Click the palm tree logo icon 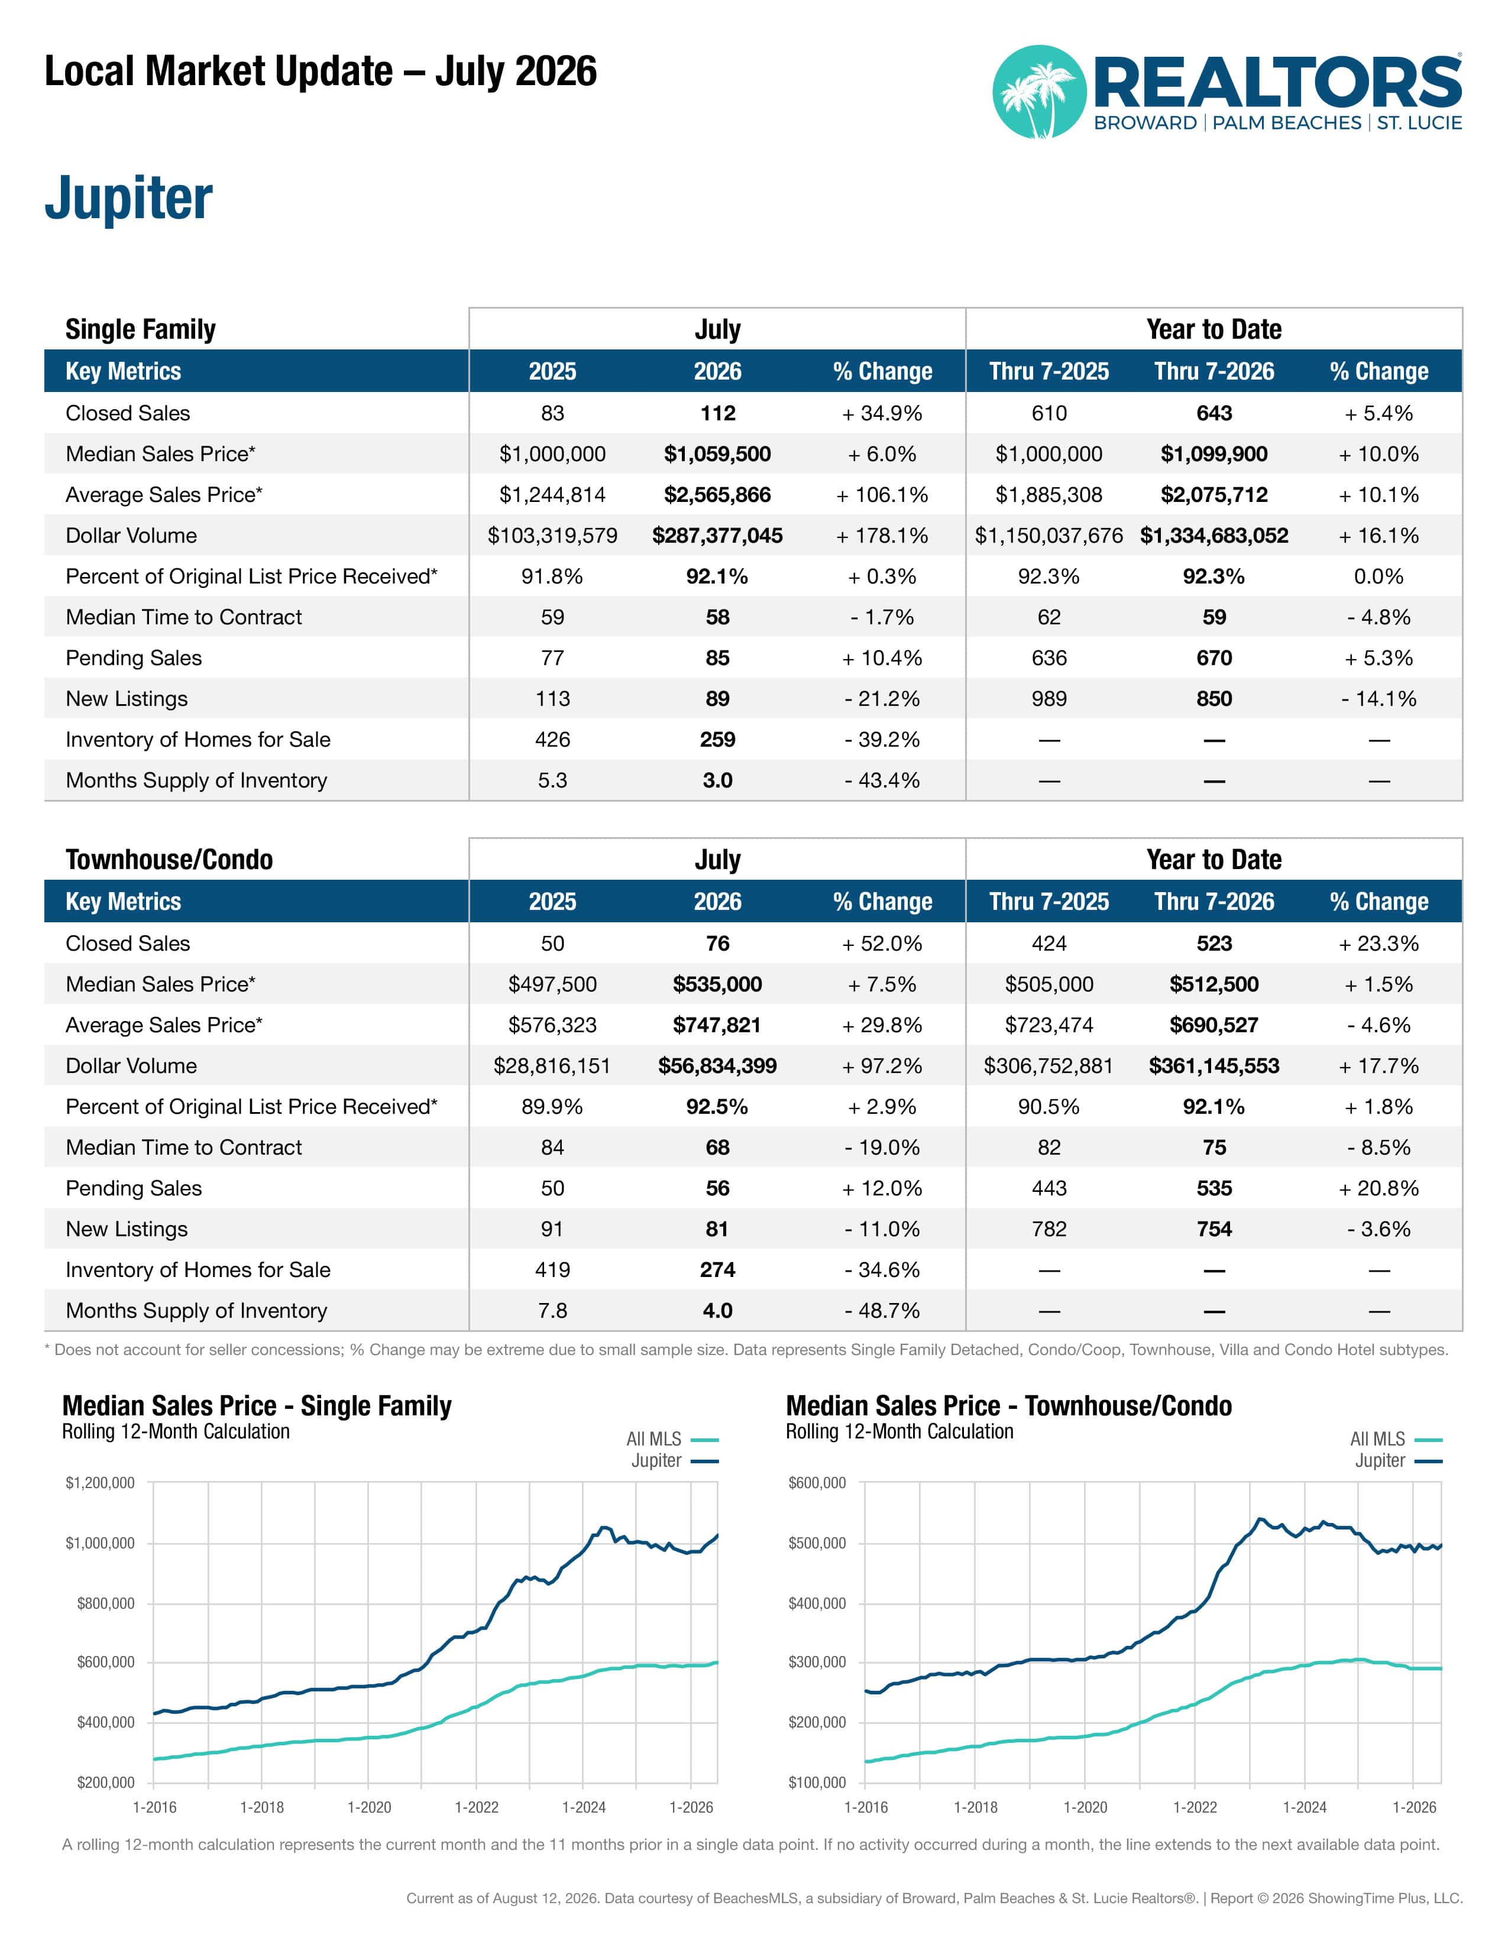[1039, 92]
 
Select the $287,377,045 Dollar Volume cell [717, 536]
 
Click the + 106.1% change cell [882, 495]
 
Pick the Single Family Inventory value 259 [717, 740]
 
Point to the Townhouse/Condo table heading [169, 860]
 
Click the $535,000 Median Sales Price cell [717, 984]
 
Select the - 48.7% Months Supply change [882, 1311]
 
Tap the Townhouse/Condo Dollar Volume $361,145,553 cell [1214, 1066]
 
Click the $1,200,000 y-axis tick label [100, 1483]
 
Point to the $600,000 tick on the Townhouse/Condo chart [817, 1483]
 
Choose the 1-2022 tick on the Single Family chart [476, 1807]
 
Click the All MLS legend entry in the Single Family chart [672, 1439]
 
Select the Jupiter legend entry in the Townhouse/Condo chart [1398, 1460]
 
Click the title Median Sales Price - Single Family [257, 1405]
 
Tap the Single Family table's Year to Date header [1214, 330]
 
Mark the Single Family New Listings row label [127, 699]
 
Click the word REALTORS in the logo [1277, 82]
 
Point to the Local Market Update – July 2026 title [321, 72]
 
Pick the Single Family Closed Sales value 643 [1214, 414]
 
